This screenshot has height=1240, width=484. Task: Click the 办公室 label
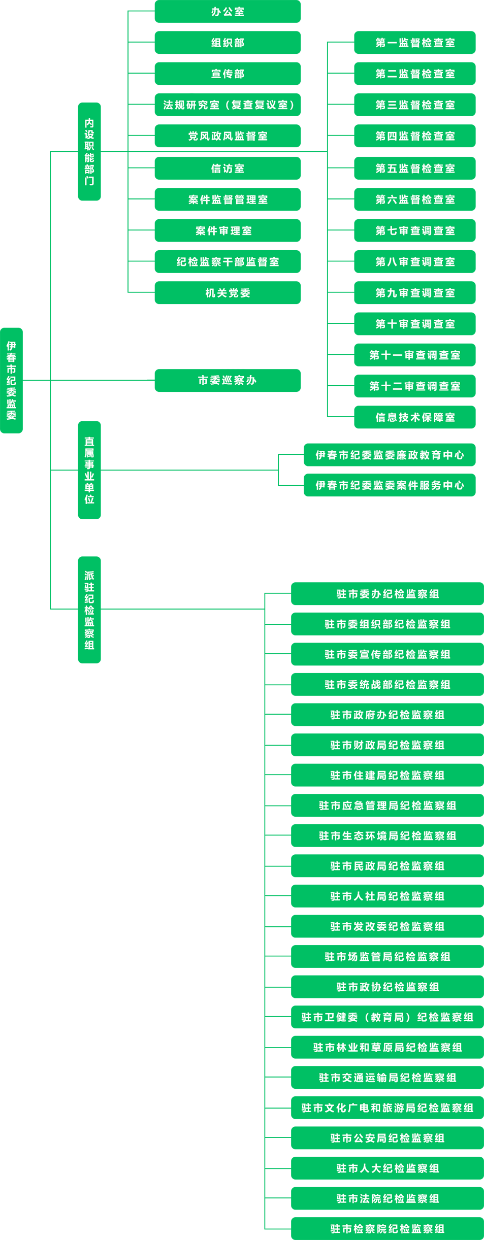(228, 12)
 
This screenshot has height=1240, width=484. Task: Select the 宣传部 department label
(228, 74)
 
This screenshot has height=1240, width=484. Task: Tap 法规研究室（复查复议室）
(229, 105)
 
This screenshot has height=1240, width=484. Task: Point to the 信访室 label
(228, 169)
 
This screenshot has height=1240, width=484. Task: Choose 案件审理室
(224, 231)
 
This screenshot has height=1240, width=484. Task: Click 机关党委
(228, 293)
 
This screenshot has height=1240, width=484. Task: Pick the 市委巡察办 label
(227, 380)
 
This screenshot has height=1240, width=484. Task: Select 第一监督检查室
(415, 43)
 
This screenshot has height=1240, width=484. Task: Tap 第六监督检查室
(415, 199)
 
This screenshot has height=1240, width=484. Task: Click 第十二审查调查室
(415, 386)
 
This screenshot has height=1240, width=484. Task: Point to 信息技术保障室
(415, 417)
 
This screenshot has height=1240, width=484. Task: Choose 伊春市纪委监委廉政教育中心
(390, 455)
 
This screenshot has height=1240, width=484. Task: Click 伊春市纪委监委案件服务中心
(390, 485)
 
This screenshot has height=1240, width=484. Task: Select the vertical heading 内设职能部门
(89, 152)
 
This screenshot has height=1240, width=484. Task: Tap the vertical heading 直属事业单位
(89, 470)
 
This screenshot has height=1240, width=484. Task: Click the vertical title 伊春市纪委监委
(11, 381)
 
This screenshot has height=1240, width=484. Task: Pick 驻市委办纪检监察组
(388, 594)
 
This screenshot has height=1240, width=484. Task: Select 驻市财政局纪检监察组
(388, 745)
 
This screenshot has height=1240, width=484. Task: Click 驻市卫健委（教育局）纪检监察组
(388, 1017)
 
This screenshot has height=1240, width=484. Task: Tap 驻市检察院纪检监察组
(388, 1229)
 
